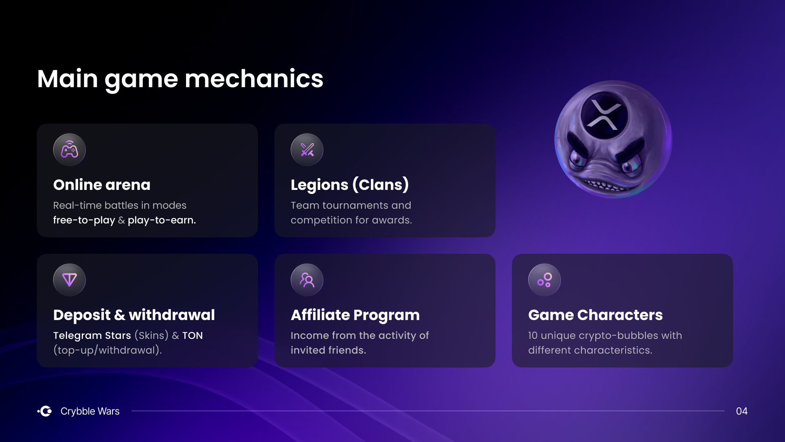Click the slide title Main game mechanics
[x=180, y=79]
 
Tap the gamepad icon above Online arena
[x=70, y=150]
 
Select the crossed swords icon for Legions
[x=307, y=150]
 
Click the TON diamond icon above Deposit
[x=70, y=280]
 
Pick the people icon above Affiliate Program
[x=307, y=280]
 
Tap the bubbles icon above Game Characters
[x=545, y=280]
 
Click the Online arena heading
[x=102, y=185]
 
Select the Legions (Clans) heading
[x=350, y=185]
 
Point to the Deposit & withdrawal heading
[x=134, y=315]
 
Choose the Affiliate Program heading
[x=355, y=315]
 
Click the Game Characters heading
[x=595, y=315]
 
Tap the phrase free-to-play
[x=84, y=220]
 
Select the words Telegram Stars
[x=92, y=336]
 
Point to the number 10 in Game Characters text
[x=533, y=336]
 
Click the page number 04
[x=742, y=411]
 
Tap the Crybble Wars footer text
[x=90, y=411]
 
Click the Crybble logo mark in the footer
[x=45, y=411]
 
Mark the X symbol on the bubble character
[x=604, y=115]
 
